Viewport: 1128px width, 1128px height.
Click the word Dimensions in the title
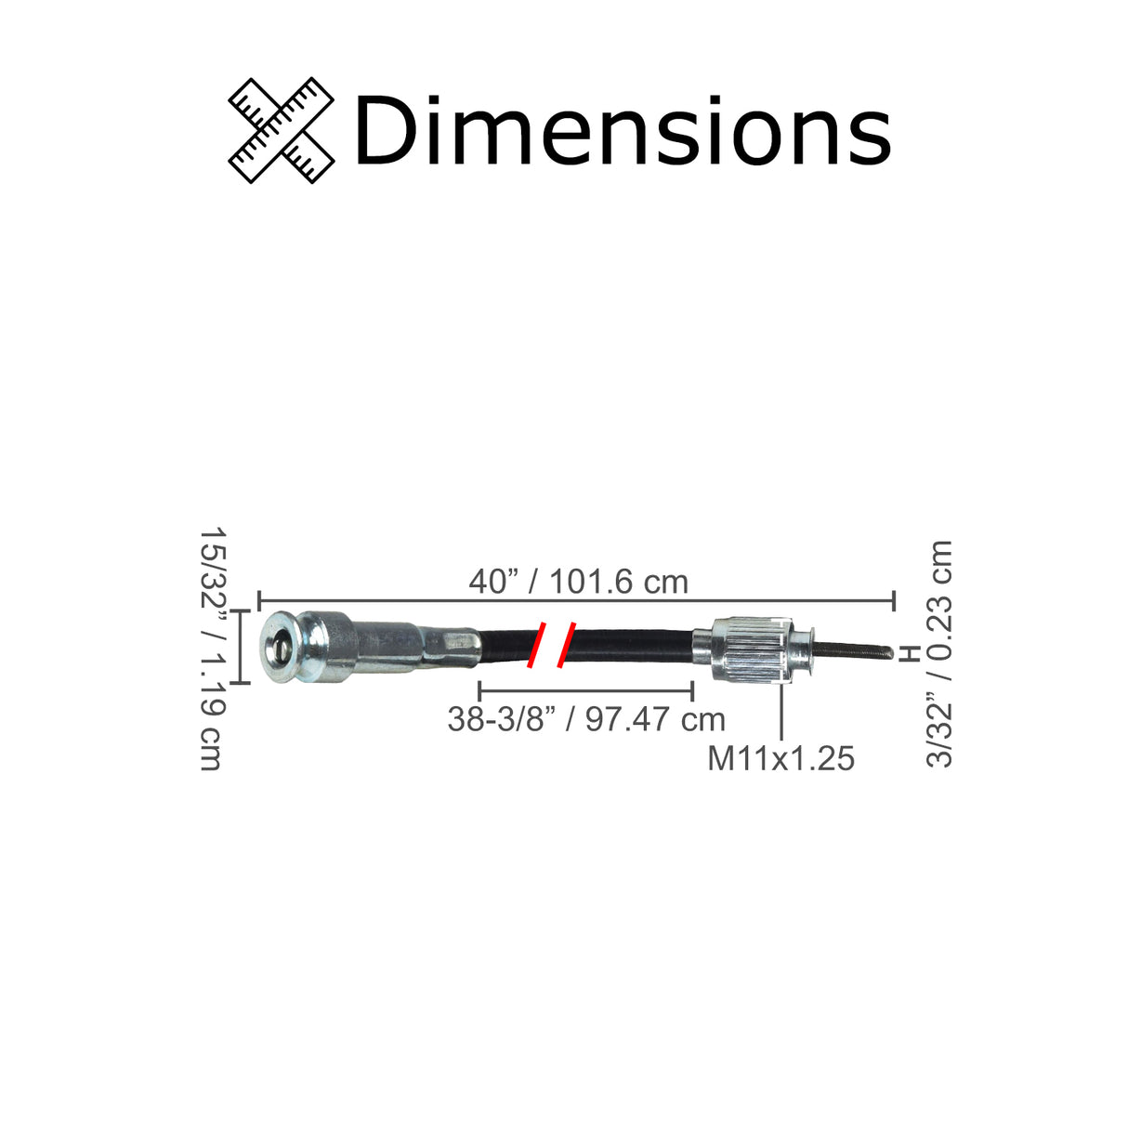(621, 131)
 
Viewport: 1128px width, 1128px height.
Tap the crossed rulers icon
(282, 130)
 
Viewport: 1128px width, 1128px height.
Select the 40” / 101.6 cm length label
(578, 582)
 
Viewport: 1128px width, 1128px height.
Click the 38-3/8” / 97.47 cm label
(585, 718)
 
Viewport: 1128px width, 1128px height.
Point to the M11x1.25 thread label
(780, 758)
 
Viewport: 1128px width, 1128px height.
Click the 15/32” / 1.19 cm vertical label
(213, 649)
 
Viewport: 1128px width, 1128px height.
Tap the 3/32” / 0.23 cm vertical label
(940, 653)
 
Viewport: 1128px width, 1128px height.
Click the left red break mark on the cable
(536, 645)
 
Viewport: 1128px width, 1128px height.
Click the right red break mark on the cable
(566, 645)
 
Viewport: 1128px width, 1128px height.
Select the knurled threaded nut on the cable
(751, 651)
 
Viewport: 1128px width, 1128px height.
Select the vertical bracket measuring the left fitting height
(241, 647)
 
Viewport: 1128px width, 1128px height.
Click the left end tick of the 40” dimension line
(258, 600)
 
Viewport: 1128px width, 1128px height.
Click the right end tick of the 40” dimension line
(894, 600)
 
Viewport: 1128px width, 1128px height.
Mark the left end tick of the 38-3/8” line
(479, 690)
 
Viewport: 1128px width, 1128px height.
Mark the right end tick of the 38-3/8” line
(693, 690)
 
